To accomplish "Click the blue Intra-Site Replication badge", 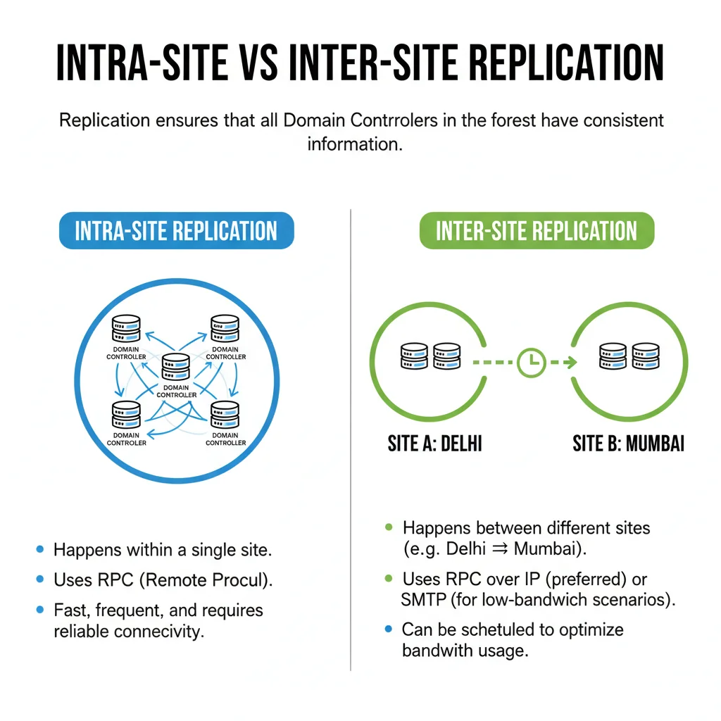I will pos(176,230).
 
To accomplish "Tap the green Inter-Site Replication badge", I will pos(537,230).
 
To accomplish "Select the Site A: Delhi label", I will pos(434,444).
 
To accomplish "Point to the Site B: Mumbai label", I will pos(628,444).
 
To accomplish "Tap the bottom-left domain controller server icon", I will pos(127,415).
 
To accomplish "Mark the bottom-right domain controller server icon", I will pos(225,415).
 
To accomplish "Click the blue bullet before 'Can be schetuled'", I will pos(389,629).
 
